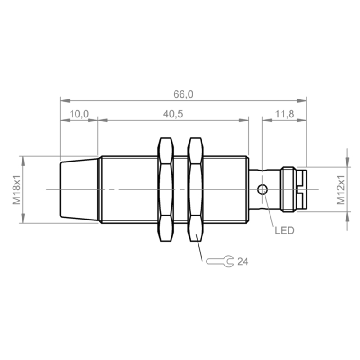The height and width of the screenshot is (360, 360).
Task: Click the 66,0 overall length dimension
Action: (x=183, y=94)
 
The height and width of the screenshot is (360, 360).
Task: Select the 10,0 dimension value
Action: (x=79, y=114)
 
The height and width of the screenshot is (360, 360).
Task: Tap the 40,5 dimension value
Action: (x=173, y=114)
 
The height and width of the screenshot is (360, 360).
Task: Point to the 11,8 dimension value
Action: (x=284, y=114)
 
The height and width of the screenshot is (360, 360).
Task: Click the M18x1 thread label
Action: (x=17, y=189)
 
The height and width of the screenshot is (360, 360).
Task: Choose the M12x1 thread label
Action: (x=341, y=189)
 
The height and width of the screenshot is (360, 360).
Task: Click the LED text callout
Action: (x=284, y=230)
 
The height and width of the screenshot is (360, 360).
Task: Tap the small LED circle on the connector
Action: (x=262, y=189)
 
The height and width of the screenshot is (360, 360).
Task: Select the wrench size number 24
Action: (x=243, y=261)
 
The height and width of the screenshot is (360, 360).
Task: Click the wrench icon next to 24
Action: (x=220, y=261)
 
